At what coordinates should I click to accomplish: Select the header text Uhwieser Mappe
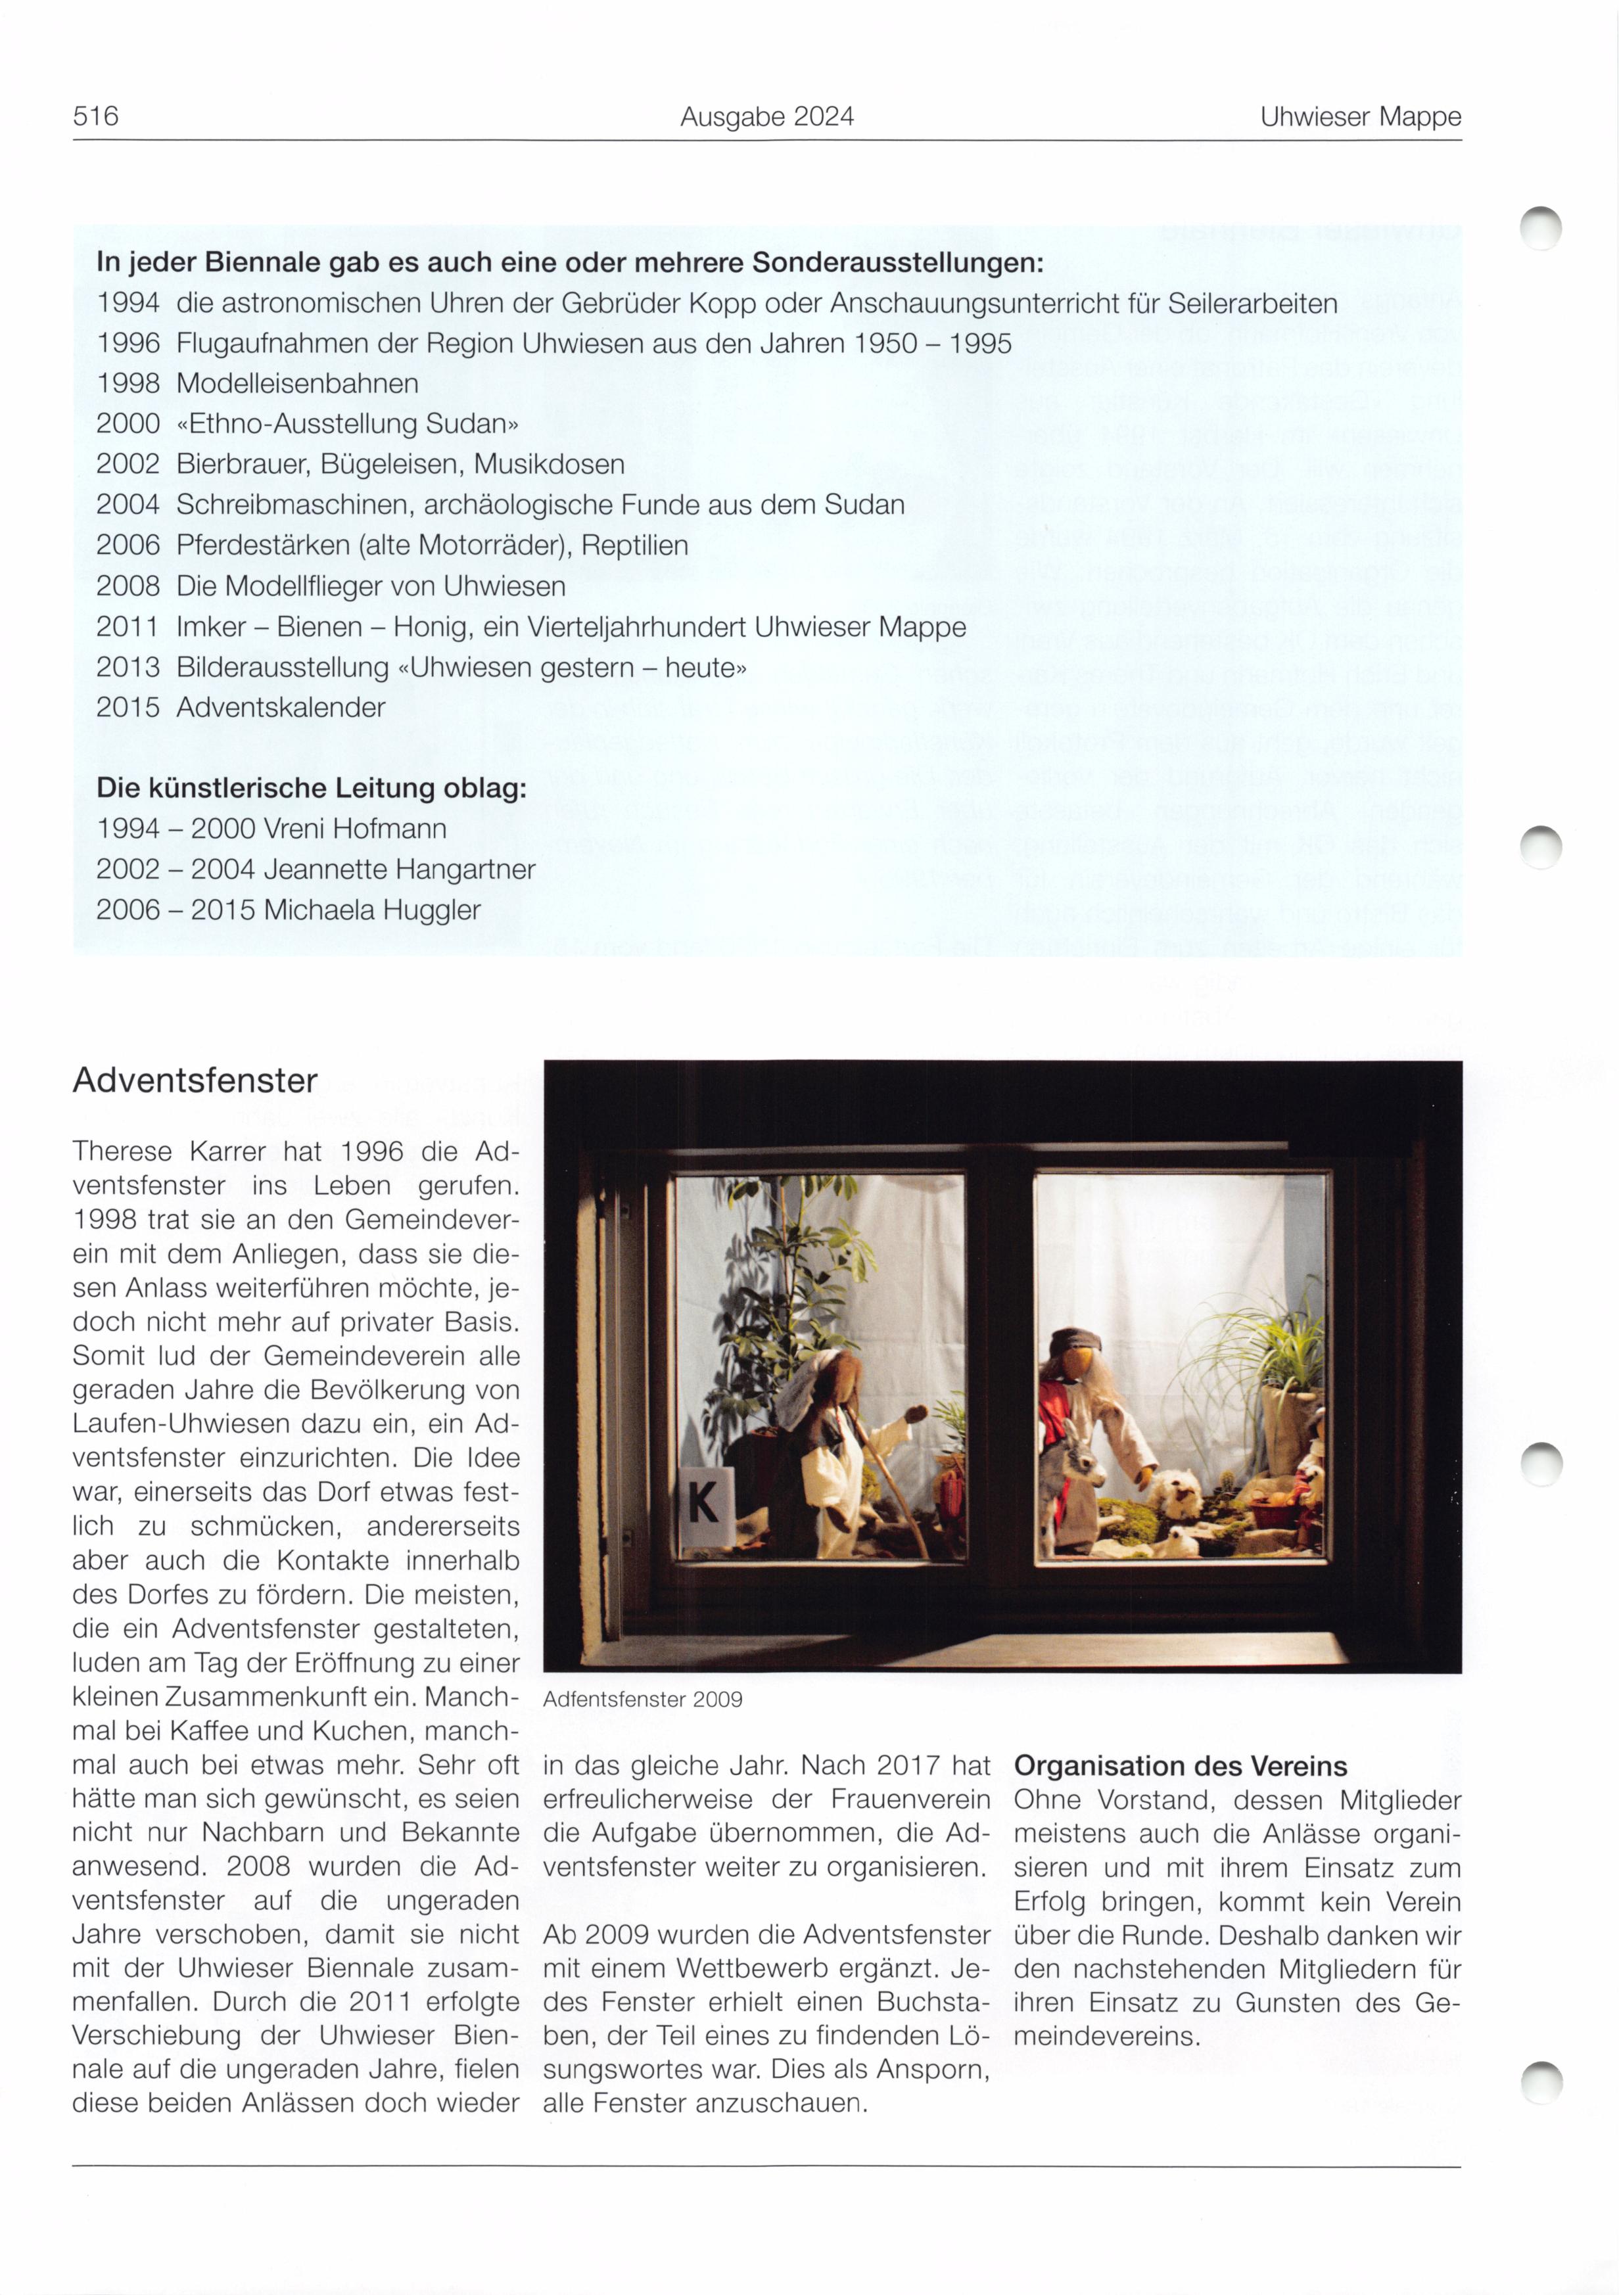(1360, 117)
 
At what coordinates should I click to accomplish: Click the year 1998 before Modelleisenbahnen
(128, 383)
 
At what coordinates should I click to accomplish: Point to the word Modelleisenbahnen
(297, 383)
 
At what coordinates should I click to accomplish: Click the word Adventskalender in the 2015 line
(280, 708)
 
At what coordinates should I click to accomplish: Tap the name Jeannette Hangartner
(400, 869)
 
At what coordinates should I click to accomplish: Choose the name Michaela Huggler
(372, 910)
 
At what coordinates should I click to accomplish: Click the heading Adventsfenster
(195, 1080)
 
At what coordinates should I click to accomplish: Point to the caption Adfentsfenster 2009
(642, 1700)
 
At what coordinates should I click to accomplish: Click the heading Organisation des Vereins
(1180, 1766)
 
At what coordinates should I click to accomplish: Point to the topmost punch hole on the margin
(1540, 228)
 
